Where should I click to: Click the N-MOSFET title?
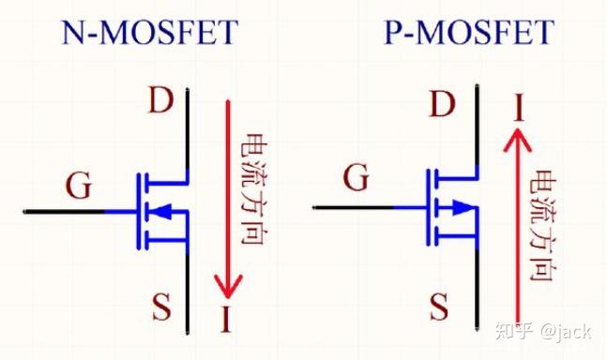tap(150, 35)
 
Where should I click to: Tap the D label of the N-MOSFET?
tap(160, 100)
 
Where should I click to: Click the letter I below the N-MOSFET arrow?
tap(225, 321)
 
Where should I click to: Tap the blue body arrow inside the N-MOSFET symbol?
tap(161, 212)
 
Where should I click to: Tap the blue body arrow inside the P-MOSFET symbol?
tap(459, 207)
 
